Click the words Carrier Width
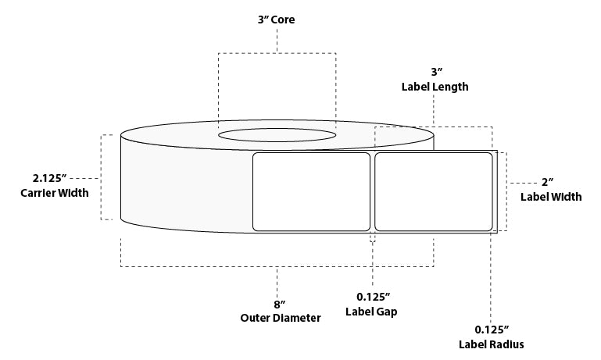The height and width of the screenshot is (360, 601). point(55,193)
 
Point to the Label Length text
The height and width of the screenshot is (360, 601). point(435,87)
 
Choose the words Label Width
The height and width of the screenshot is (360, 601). point(550,198)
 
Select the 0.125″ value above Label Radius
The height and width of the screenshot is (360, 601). point(492,329)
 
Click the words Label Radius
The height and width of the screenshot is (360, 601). point(492,344)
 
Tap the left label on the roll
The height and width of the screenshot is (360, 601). point(312,192)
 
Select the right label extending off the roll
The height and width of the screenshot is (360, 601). point(434,192)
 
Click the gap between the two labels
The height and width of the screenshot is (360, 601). point(372,192)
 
